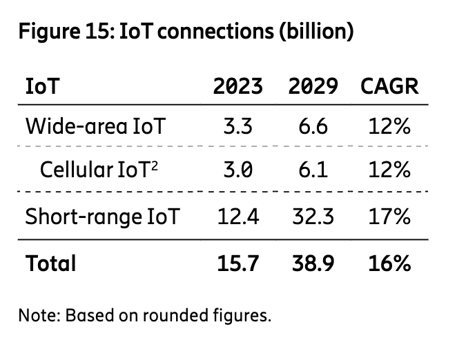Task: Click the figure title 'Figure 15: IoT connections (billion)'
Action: [186, 32]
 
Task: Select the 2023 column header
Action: [237, 87]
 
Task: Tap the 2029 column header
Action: [313, 87]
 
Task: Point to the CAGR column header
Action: [389, 87]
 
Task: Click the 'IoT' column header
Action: [41, 87]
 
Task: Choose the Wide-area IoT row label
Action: [95, 127]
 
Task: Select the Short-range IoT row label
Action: [103, 217]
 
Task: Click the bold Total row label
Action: [50, 263]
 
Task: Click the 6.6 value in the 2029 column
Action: [313, 127]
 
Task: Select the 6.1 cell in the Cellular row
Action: [313, 170]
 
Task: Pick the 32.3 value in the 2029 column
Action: [313, 217]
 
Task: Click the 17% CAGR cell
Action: [391, 217]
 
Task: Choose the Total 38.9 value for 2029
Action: [313, 263]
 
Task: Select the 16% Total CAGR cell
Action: [391, 263]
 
